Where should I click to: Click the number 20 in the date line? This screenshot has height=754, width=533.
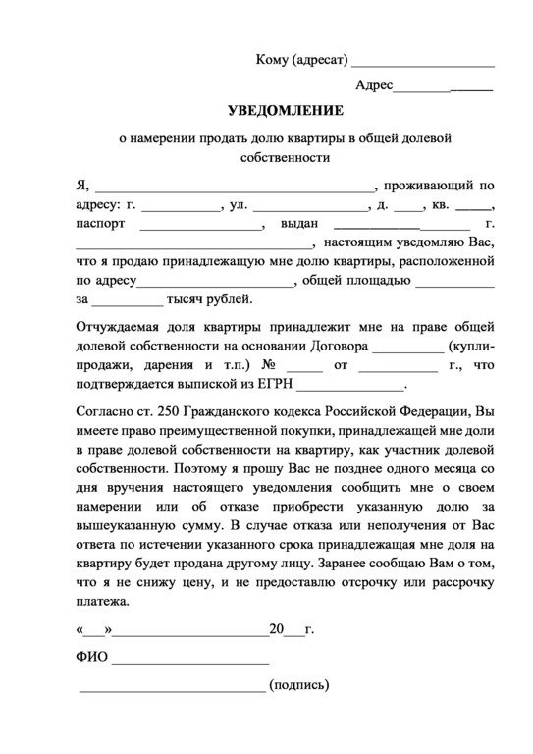tap(276, 628)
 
